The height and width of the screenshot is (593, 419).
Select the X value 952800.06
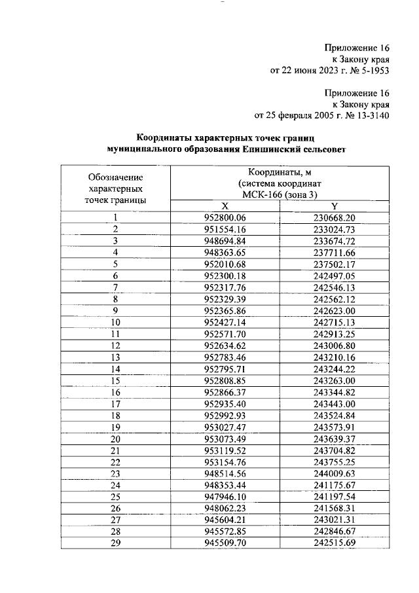(x=224, y=217)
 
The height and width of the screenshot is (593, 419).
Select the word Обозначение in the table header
(x=115, y=177)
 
